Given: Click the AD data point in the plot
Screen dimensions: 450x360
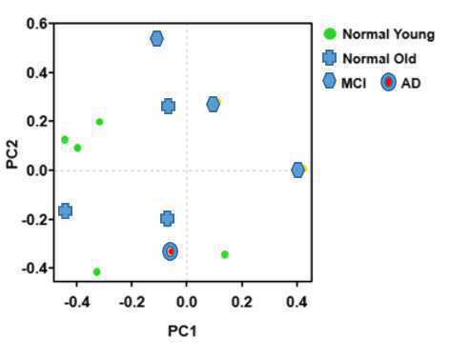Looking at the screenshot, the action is coord(170,251).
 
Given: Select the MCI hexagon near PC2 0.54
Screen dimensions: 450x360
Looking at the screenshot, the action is coord(156,39).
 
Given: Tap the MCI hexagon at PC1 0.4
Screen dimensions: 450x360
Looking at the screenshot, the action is coord(297,170).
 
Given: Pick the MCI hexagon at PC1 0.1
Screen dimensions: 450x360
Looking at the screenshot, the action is coord(214,104).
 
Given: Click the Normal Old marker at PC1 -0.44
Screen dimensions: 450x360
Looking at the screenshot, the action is coord(66,211).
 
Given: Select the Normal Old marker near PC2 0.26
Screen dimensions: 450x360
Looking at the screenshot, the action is coord(169,106).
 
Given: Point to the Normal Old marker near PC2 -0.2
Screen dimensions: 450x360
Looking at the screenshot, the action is coord(168,218).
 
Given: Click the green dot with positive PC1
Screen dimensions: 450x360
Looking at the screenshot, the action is coord(225,254).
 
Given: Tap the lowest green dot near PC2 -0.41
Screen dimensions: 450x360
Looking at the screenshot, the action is coord(97,271).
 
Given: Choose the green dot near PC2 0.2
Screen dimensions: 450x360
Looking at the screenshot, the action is coord(99,122).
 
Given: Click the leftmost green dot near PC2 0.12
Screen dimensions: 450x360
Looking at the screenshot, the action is coord(65,140).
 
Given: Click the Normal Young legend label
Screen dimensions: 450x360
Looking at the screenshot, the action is coord(388,34).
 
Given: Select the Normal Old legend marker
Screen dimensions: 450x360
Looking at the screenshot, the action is coord(329,58).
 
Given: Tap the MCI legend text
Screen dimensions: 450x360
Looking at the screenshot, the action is coord(354,83).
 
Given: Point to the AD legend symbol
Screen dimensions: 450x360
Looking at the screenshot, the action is coord(388,82).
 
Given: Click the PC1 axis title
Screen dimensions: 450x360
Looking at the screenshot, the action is coord(182,331).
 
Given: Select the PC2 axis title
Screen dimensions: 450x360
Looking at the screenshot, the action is coord(12,154).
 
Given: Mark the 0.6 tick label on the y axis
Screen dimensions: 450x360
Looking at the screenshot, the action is coord(37,24).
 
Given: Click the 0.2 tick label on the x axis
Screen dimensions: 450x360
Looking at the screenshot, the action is coord(242,302).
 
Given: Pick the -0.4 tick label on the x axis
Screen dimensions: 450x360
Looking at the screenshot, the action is coord(76,302).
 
